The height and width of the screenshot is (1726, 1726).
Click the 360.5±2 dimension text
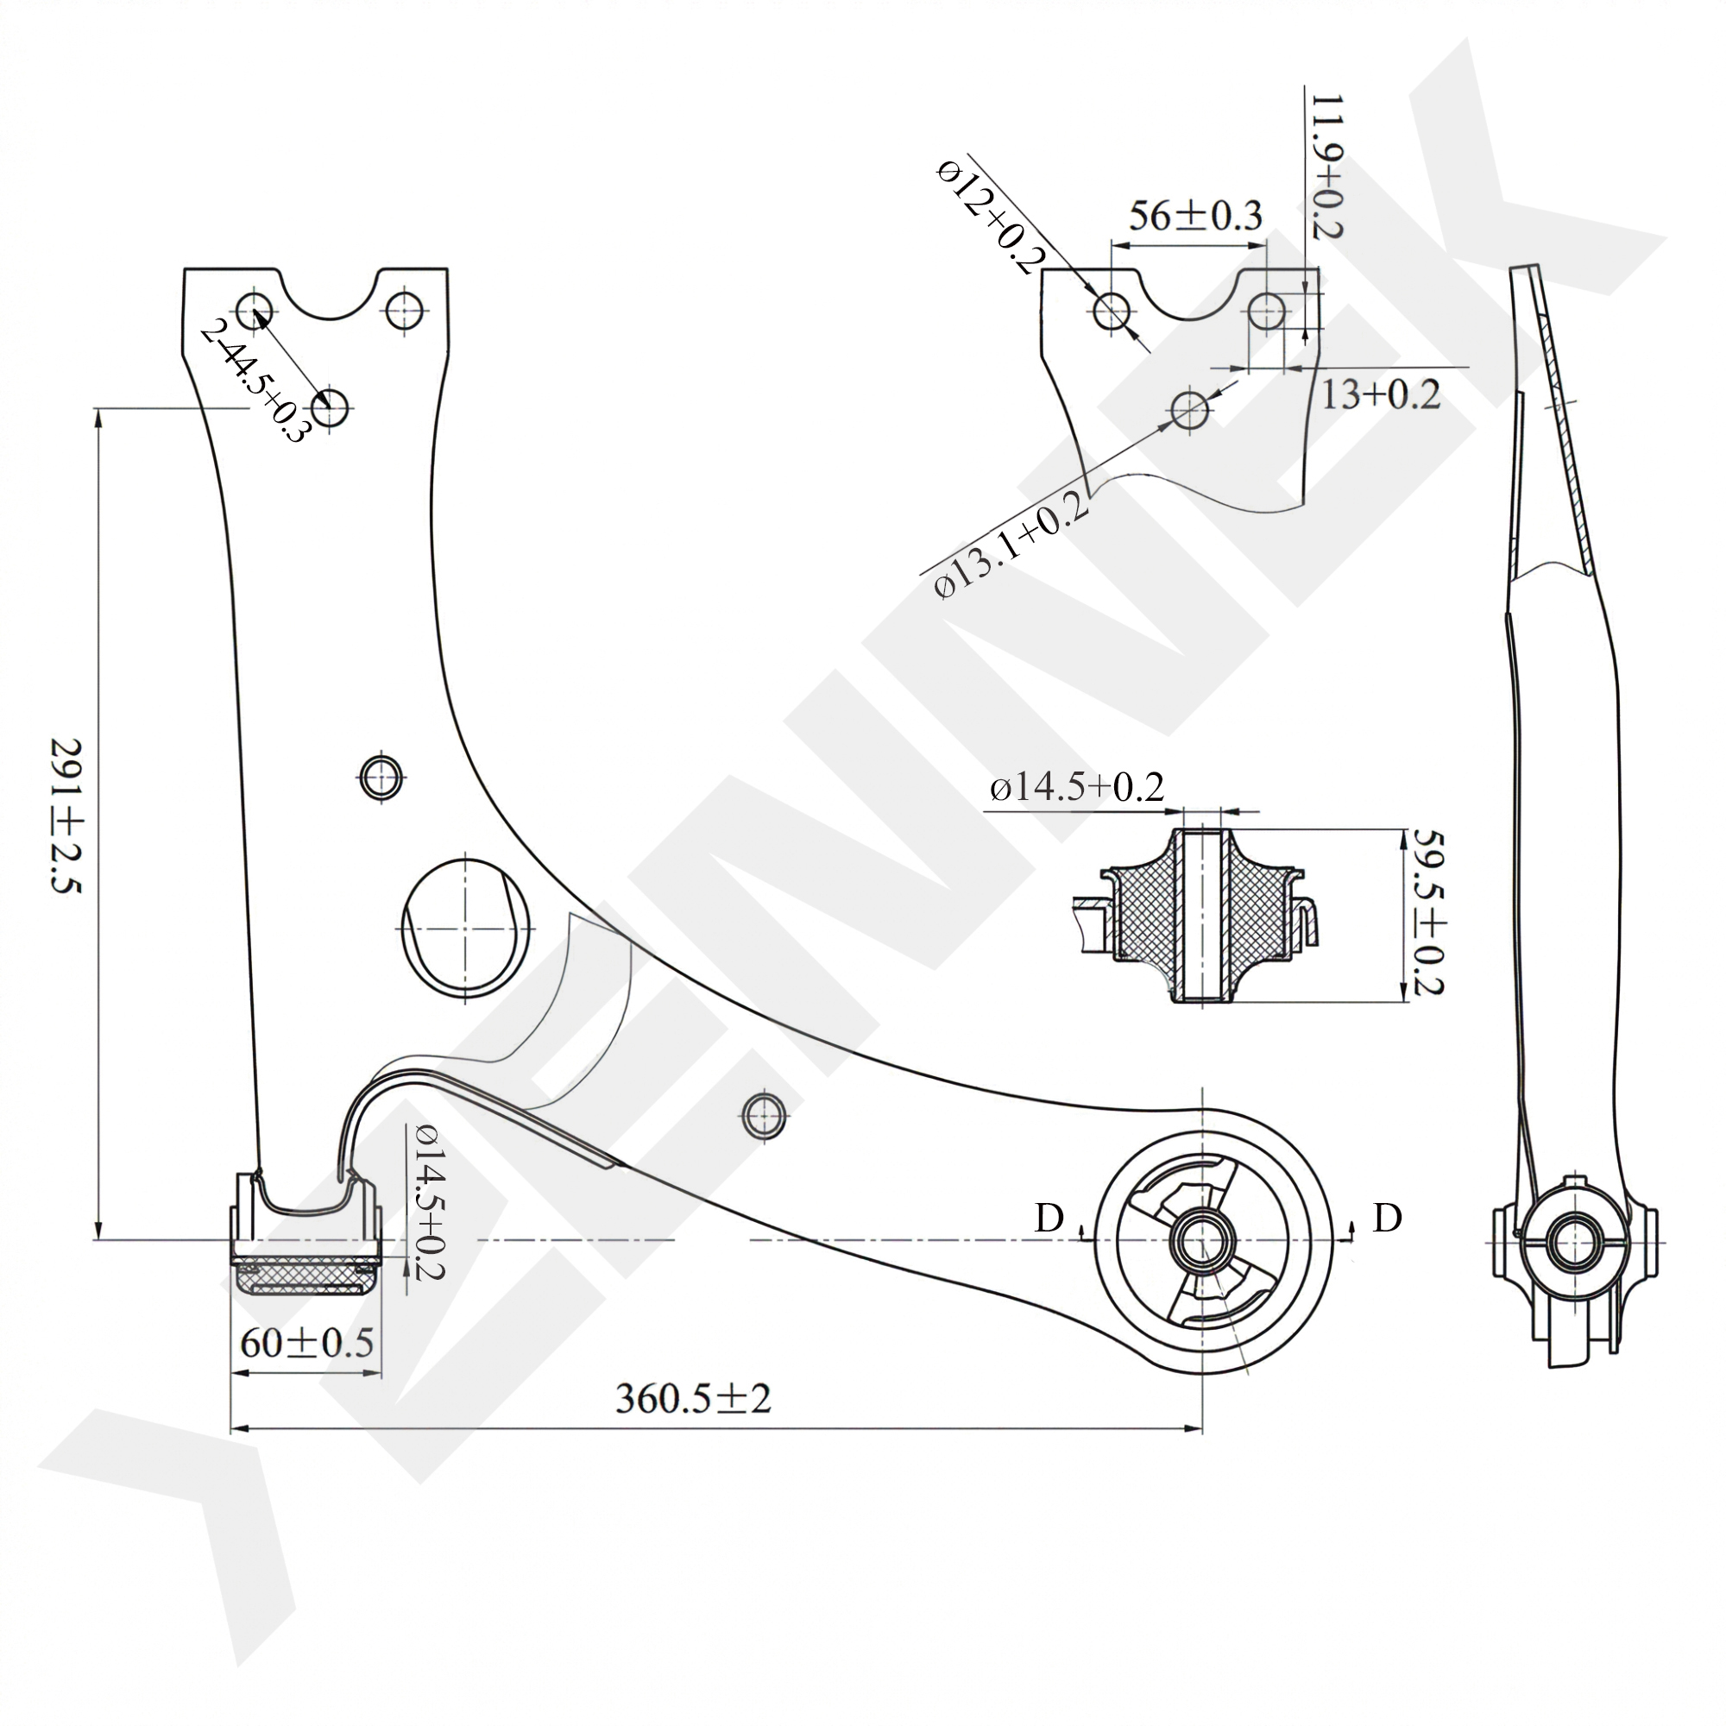692,1398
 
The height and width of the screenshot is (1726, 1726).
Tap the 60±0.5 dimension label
306,1342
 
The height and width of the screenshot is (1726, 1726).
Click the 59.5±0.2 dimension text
1426,910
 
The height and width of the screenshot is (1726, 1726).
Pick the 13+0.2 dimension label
1380,394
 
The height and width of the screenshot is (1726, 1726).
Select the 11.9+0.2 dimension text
1327,167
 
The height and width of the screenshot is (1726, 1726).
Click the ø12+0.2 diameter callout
991,215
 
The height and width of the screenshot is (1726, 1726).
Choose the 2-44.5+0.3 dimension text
254,381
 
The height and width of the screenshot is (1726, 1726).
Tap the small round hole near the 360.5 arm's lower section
764,1114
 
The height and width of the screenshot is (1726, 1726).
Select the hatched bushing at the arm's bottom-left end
306,1276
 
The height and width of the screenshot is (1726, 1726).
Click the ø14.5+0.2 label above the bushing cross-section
1076,787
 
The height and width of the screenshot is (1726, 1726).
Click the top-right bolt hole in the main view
405,309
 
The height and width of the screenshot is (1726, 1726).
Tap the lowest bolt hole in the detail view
1189,410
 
